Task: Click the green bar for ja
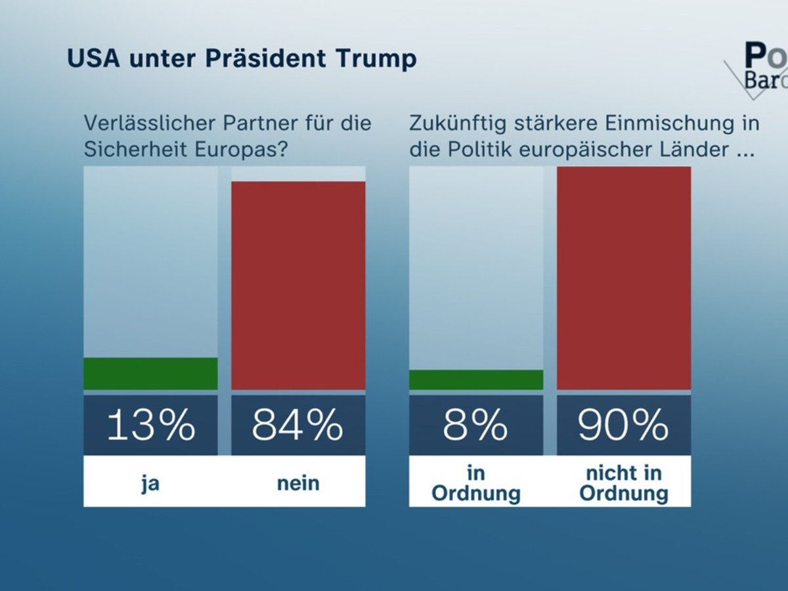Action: tap(150, 374)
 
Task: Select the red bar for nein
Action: tap(298, 286)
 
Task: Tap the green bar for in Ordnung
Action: tap(476, 380)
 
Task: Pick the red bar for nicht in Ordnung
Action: tap(624, 278)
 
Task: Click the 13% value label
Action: tap(150, 425)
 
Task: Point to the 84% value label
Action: tap(298, 425)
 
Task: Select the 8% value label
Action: tap(476, 425)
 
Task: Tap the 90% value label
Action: tap(624, 425)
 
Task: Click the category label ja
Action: tap(150, 484)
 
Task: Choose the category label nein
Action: tap(298, 483)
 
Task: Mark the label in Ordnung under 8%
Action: tap(476, 483)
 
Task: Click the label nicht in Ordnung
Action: tap(624, 483)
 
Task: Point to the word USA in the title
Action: tap(93, 58)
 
